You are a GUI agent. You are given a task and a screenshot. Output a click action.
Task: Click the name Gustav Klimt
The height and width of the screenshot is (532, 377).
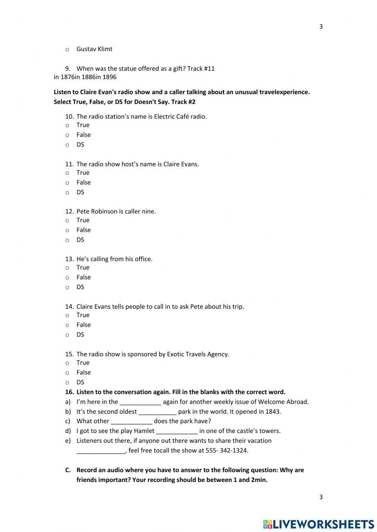94,49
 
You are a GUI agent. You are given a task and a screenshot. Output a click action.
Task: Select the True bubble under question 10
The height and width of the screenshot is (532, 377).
67,125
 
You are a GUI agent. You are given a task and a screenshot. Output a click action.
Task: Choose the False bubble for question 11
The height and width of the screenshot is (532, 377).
67,183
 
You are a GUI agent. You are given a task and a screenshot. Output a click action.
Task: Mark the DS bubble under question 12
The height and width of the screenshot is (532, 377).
67,240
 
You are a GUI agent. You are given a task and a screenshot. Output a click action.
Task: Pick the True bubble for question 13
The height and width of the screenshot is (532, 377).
67,268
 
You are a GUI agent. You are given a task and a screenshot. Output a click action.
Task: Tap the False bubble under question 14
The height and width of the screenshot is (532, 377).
67,325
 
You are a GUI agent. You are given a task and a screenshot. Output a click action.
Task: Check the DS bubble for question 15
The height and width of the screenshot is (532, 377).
67,382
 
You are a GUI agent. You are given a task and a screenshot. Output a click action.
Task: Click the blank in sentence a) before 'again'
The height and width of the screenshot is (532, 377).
140,402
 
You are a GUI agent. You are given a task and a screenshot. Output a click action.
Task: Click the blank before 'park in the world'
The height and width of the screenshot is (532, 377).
157,412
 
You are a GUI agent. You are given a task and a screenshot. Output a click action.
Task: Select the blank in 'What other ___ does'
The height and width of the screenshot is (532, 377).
132,421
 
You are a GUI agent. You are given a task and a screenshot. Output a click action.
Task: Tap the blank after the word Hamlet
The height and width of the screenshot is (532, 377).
177,431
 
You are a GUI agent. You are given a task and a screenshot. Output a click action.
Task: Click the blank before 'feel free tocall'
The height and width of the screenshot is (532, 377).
101,451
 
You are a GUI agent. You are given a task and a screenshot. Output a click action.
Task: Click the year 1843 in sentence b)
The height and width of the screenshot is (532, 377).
273,412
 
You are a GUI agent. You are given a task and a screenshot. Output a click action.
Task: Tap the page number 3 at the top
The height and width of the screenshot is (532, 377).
321,27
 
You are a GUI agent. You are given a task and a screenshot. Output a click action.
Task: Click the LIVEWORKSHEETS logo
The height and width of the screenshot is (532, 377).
319,524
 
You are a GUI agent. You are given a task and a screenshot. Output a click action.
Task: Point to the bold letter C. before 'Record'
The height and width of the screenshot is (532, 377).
68,470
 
